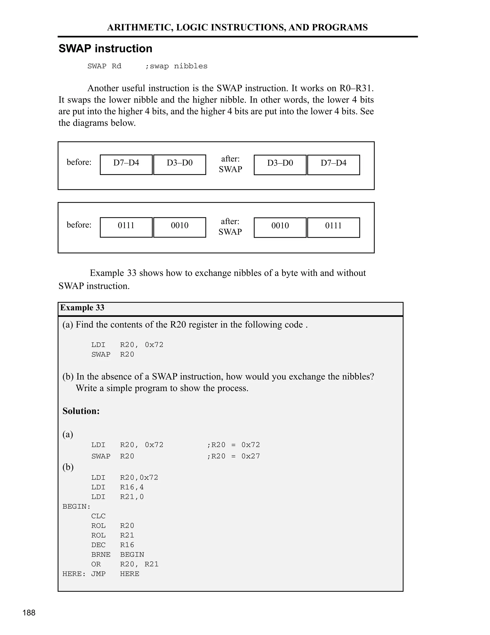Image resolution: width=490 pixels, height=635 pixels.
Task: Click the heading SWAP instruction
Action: [105, 49]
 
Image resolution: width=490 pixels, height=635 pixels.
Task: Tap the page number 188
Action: [29, 613]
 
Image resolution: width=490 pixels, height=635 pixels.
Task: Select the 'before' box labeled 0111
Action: [126, 227]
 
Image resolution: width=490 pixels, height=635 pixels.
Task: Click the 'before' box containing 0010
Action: [179, 227]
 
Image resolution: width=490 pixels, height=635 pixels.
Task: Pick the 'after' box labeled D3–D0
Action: [280, 165]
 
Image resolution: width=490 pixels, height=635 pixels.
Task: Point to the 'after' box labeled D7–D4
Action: [333, 165]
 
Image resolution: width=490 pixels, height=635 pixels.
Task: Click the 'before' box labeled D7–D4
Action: [126, 165]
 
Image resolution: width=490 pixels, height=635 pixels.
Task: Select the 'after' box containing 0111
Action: [333, 227]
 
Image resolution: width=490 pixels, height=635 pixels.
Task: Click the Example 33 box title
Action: [82, 308]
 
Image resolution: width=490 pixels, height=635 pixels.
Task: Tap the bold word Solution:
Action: [81, 411]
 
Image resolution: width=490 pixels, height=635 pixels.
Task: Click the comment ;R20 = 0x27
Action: [233, 456]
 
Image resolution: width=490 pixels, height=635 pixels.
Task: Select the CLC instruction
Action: [98, 516]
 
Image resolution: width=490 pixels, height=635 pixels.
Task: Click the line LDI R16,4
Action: [117, 487]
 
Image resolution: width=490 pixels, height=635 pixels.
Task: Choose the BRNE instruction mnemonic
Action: [100, 554]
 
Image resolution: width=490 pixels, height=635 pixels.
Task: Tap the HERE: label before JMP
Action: [74, 574]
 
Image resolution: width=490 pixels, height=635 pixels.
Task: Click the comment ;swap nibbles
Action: [176, 66]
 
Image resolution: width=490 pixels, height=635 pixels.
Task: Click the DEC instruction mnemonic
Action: [98, 545]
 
